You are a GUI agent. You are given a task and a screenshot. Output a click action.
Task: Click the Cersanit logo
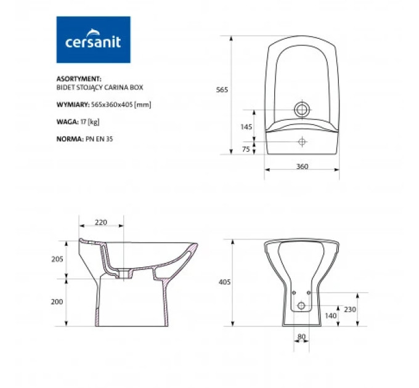pyautogui.click(x=93, y=39)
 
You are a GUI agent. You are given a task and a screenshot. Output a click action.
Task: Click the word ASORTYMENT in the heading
pyautogui.click(x=79, y=79)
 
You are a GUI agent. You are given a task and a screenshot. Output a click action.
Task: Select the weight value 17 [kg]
pyautogui.click(x=90, y=122)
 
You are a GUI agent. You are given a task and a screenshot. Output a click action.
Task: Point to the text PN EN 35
pyautogui.click(x=99, y=139)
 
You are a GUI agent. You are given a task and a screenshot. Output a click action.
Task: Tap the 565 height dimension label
pyautogui.click(x=222, y=90)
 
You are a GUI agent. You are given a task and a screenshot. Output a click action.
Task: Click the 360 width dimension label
pyautogui.click(x=302, y=166)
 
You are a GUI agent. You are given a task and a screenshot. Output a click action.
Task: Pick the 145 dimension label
pyautogui.click(x=246, y=127)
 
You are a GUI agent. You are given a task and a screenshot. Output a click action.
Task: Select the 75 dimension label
pyautogui.click(x=246, y=149)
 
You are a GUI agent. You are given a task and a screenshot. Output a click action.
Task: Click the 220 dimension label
pyautogui.click(x=100, y=222)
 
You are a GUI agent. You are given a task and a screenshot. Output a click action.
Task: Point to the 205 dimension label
pyautogui.click(x=57, y=259)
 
